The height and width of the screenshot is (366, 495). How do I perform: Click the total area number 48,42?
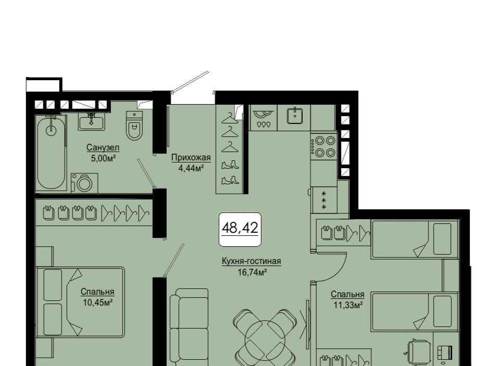(x=240, y=228)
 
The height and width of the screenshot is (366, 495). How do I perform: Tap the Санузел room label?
(x=103, y=147)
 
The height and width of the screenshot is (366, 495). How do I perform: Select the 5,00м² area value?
(x=103, y=158)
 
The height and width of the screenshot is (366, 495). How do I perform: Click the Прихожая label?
(x=191, y=157)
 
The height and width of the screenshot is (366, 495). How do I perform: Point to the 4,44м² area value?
(x=190, y=168)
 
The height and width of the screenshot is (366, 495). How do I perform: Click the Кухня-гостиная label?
(x=251, y=261)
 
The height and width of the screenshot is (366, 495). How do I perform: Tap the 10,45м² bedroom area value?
(x=98, y=302)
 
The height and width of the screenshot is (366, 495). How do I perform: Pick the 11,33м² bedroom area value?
(x=348, y=305)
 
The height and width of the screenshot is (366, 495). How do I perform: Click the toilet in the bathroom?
(x=134, y=125)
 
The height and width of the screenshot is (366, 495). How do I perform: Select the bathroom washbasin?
(x=92, y=121)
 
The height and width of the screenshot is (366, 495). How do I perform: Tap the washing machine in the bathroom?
(x=84, y=183)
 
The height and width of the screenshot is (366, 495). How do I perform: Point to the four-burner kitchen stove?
(x=323, y=146)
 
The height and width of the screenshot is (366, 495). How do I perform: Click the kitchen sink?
(x=295, y=116)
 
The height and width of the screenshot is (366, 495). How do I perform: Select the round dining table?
(x=266, y=340)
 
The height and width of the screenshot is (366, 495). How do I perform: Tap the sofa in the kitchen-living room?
(x=189, y=327)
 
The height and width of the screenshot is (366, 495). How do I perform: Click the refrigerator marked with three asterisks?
(x=324, y=199)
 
